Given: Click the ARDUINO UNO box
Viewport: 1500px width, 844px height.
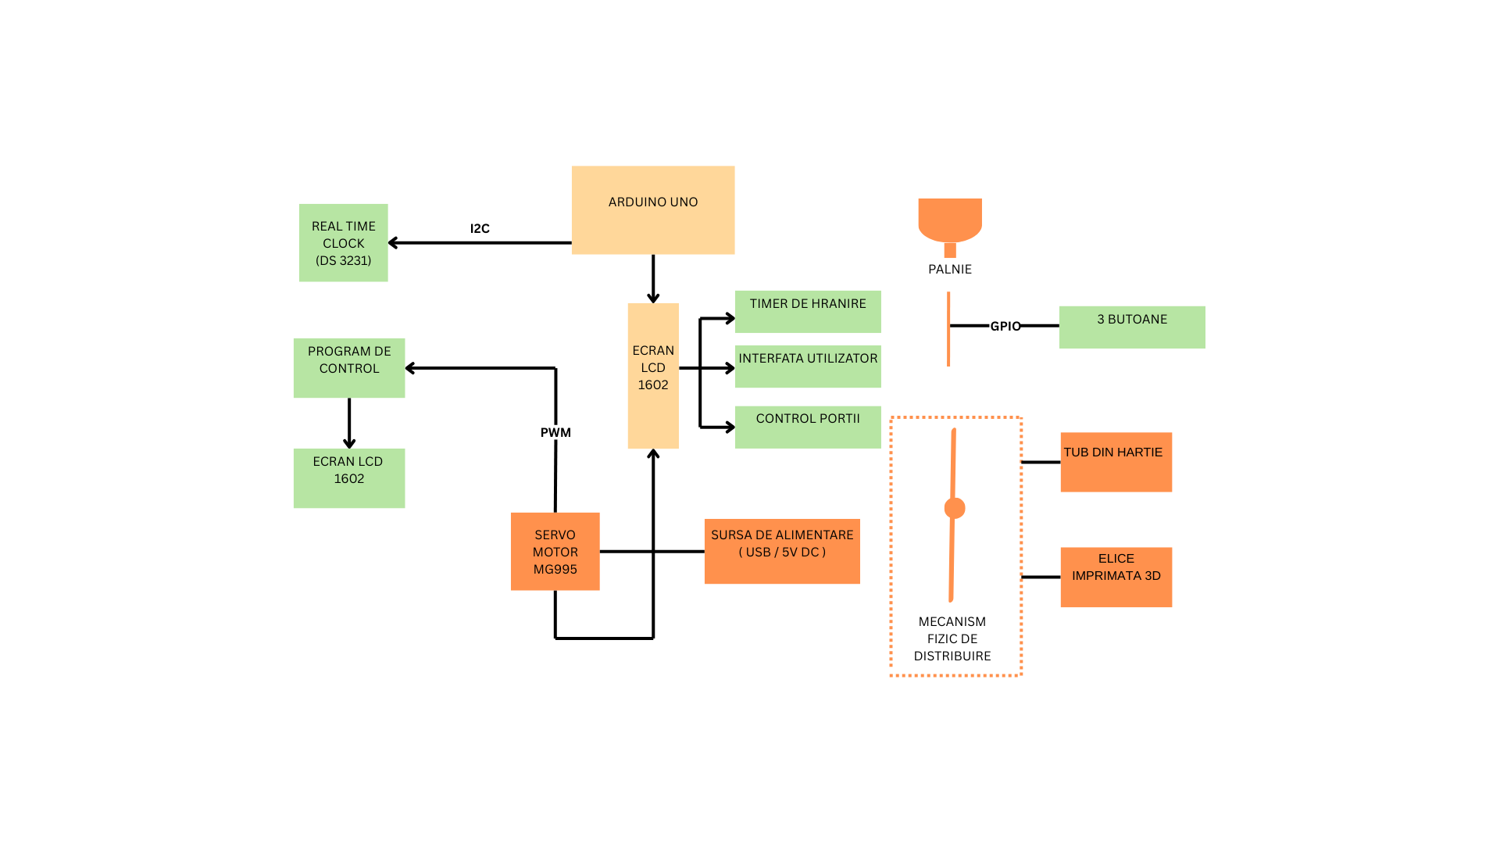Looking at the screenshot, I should (652, 209).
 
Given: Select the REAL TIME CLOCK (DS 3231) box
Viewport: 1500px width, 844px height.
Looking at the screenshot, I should (343, 243).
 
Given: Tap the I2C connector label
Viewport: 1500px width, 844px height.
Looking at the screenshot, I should (480, 229).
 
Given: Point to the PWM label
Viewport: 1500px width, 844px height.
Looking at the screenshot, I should (555, 433).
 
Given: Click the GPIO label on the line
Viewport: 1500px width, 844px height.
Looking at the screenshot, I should (1005, 327).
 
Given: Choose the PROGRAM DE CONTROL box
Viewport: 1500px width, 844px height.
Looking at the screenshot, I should (348, 367).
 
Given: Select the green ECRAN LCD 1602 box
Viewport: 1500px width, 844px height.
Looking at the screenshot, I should (348, 477).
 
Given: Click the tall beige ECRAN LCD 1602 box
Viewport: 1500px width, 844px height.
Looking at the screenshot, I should (652, 375).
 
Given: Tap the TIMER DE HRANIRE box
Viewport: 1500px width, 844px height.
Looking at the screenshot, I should (807, 311).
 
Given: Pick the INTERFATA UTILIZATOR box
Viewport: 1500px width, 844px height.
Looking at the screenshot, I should (807, 366).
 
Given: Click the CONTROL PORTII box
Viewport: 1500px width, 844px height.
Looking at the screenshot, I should (807, 427).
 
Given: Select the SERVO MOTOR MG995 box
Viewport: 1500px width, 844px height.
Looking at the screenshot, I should (555, 551).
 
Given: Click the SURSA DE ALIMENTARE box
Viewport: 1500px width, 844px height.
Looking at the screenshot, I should (781, 551).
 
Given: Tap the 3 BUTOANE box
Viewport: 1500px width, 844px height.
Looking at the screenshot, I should (1131, 327).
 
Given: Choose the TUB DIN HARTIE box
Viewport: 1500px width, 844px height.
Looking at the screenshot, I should (1116, 462).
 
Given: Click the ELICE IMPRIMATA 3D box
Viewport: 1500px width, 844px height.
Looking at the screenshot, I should (1116, 577).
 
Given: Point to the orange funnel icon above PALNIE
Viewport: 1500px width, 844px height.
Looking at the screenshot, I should (949, 222).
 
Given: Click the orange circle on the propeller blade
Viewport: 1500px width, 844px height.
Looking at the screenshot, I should (954, 508).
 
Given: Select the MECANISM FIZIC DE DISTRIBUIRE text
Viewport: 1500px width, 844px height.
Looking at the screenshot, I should (952, 638).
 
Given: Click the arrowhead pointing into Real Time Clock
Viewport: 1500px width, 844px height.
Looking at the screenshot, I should (393, 243).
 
